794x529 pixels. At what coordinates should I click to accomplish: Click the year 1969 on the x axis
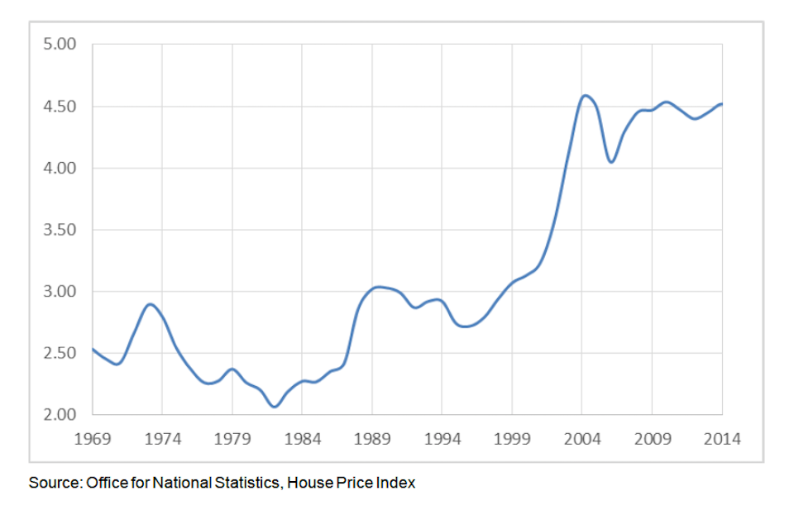coord(92,437)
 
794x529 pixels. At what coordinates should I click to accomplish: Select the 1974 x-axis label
coord(162,437)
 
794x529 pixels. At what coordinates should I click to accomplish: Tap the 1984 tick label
coord(302,437)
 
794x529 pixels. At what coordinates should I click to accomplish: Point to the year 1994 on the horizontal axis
coord(442,437)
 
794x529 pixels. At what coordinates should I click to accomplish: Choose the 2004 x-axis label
coord(582,437)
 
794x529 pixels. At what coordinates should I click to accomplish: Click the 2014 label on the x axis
coord(722,437)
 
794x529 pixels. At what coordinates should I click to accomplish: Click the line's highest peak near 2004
coord(585,96)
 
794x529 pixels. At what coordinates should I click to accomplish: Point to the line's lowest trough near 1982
coord(275,406)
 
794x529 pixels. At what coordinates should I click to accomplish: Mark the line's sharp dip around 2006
coord(611,162)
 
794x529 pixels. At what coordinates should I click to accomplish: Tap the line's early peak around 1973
coord(150,304)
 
